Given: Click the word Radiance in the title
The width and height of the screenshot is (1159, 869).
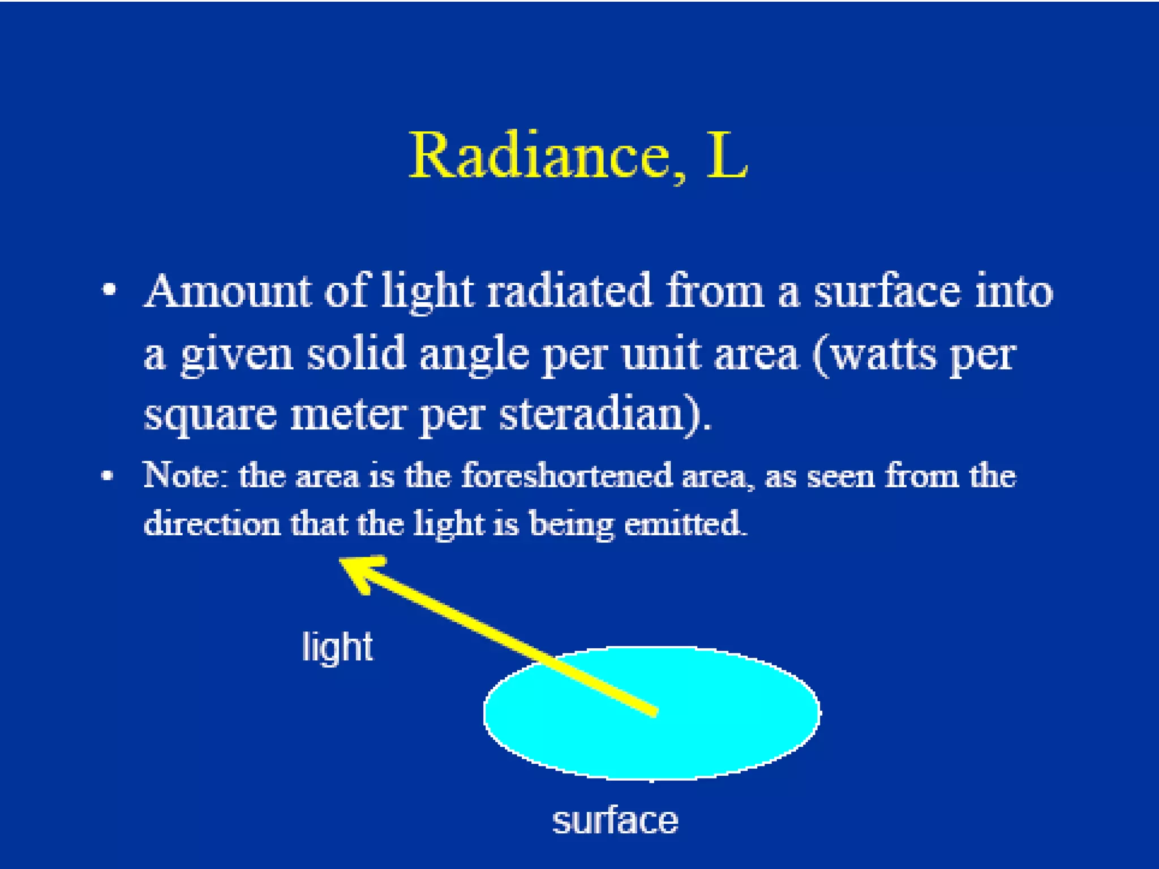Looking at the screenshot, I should pyautogui.click(x=539, y=156).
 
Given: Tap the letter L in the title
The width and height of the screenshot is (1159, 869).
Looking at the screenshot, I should pyautogui.click(x=727, y=156).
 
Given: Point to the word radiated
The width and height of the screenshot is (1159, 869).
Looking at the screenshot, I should pyautogui.click(x=569, y=292).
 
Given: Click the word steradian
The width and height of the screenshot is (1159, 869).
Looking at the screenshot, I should pyautogui.click(x=599, y=414).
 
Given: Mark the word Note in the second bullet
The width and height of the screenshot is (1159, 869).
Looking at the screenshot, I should pyautogui.click(x=184, y=475).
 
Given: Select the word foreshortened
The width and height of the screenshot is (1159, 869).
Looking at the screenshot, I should pyautogui.click(x=566, y=475).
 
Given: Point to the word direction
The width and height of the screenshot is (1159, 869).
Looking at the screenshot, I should pyautogui.click(x=212, y=523).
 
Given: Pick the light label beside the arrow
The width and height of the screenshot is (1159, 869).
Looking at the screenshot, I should pyautogui.click(x=337, y=648).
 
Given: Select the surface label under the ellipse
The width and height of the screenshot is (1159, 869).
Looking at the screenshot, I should pyautogui.click(x=615, y=821).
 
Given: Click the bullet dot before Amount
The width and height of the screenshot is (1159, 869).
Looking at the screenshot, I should pyautogui.click(x=109, y=291).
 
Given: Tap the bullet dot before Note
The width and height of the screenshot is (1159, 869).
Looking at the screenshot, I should pyautogui.click(x=107, y=475).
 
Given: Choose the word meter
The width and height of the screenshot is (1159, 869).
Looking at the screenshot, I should pyautogui.click(x=348, y=415).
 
